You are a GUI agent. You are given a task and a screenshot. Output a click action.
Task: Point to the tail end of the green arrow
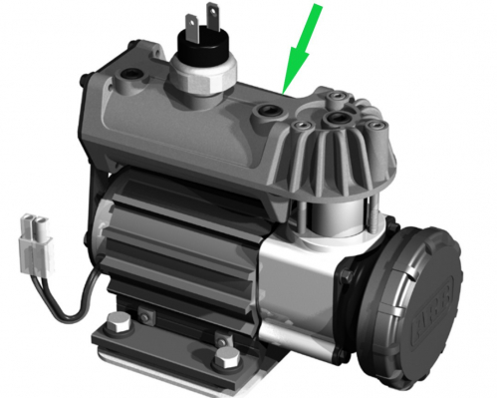coord(320,8)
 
